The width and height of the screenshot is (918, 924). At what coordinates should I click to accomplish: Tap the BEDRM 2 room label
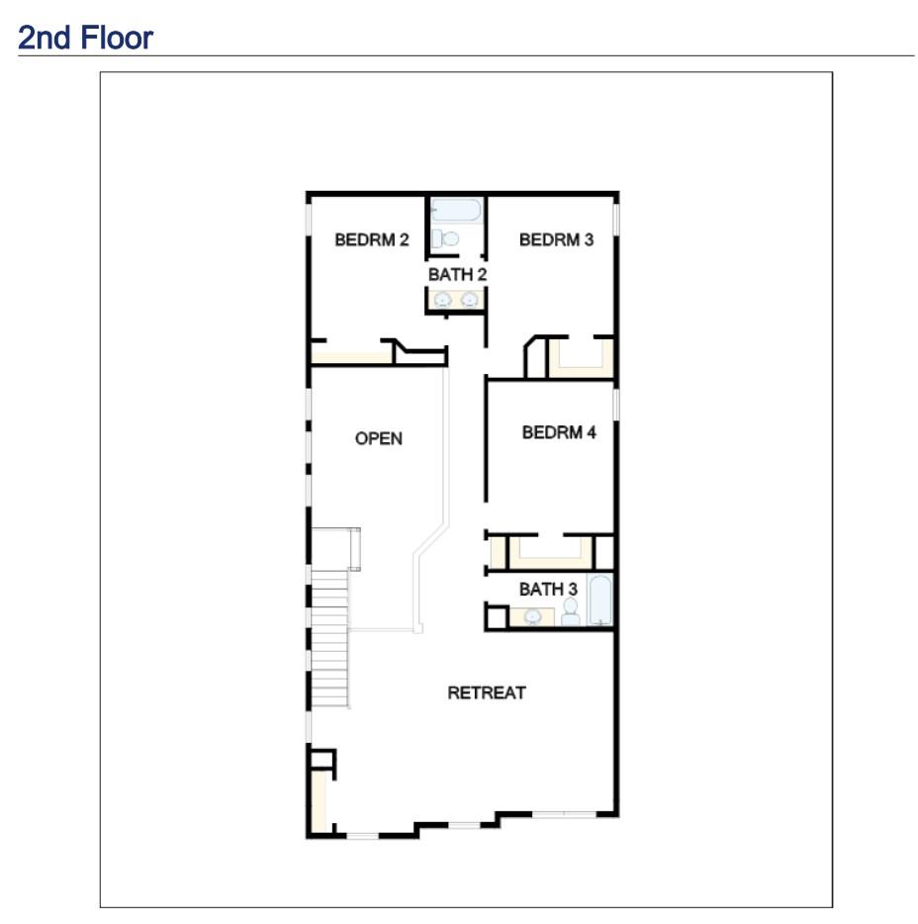click(371, 239)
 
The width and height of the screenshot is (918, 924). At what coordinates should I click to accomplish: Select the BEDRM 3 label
click(556, 239)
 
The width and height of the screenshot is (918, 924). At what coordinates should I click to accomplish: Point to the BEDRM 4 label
click(559, 432)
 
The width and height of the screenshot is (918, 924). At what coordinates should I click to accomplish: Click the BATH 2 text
click(457, 274)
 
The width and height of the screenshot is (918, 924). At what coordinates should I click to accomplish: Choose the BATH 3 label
click(548, 590)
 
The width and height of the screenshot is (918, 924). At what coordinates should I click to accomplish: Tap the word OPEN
click(379, 438)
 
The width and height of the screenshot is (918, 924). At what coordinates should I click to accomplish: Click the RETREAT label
click(487, 693)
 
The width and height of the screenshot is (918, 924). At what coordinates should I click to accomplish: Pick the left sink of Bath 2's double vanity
click(443, 300)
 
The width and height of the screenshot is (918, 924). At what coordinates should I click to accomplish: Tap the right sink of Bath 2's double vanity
click(470, 300)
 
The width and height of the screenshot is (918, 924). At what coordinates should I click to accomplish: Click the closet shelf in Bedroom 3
click(580, 357)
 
